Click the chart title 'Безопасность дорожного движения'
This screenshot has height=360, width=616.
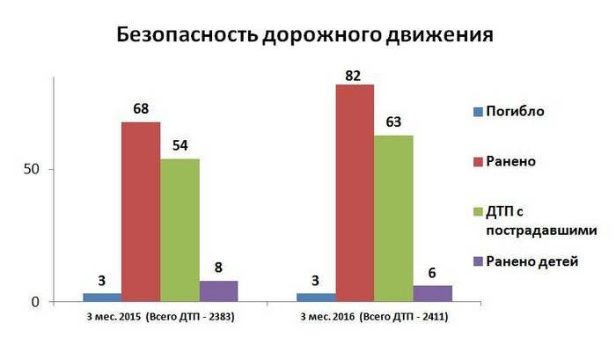(x=304, y=36)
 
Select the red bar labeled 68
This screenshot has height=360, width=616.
(x=141, y=211)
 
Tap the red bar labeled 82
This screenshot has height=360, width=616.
(x=355, y=193)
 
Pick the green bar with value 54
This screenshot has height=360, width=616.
(x=180, y=230)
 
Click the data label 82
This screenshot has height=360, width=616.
(x=355, y=74)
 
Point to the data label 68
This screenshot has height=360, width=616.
(x=141, y=111)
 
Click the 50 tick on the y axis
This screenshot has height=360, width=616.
(x=33, y=169)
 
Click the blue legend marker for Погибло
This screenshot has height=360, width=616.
(x=479, y=112)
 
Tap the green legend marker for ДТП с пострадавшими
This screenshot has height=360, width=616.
(x=479, y=212)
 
